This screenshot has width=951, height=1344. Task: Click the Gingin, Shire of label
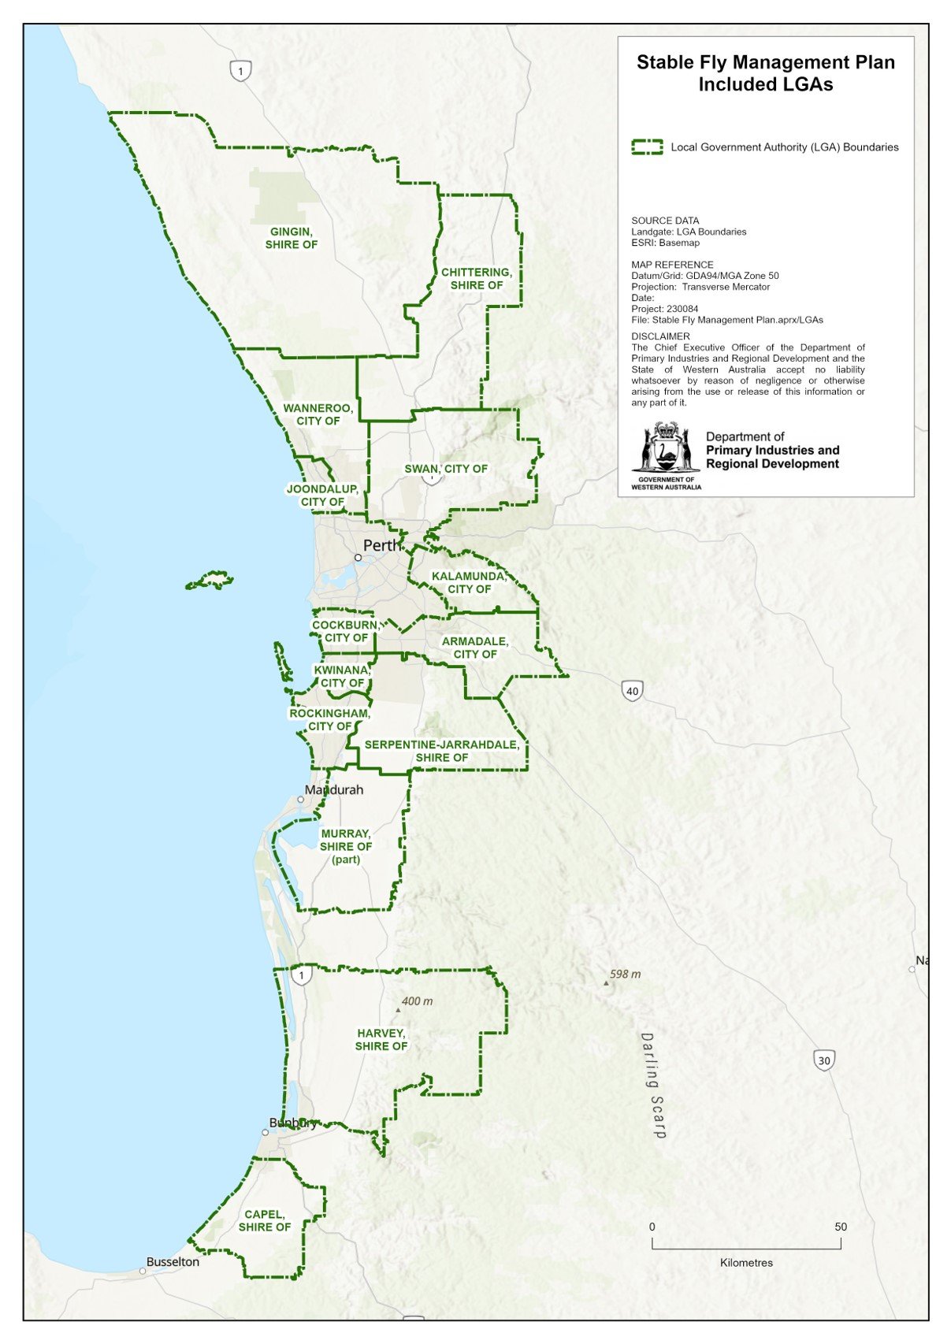tap(292, 238)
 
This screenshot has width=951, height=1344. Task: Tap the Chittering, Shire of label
tap(477, 279)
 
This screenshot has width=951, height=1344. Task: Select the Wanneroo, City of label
tap(318, 414)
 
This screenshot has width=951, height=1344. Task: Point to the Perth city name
tap(382, 545)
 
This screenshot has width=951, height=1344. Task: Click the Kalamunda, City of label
tap(470, 583)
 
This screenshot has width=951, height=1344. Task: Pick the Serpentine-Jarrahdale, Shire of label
tap(442, 751)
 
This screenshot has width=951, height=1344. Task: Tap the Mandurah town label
tap(334, 789)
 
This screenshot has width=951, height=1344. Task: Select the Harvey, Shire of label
tap(381, 1039)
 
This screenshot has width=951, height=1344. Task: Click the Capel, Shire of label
tap(265, 1220)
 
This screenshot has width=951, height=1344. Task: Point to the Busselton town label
tap(173, 1261)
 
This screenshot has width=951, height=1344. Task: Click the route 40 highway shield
tap(632, 691)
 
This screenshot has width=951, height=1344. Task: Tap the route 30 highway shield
tap(824, 1060)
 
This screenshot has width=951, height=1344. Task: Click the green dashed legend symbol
tap(647, 147)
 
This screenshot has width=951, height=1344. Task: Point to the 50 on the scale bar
tap(841, 1227)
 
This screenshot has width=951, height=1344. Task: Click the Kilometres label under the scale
tap(746, 1262)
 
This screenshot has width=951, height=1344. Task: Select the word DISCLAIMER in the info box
tap(660, 336)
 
